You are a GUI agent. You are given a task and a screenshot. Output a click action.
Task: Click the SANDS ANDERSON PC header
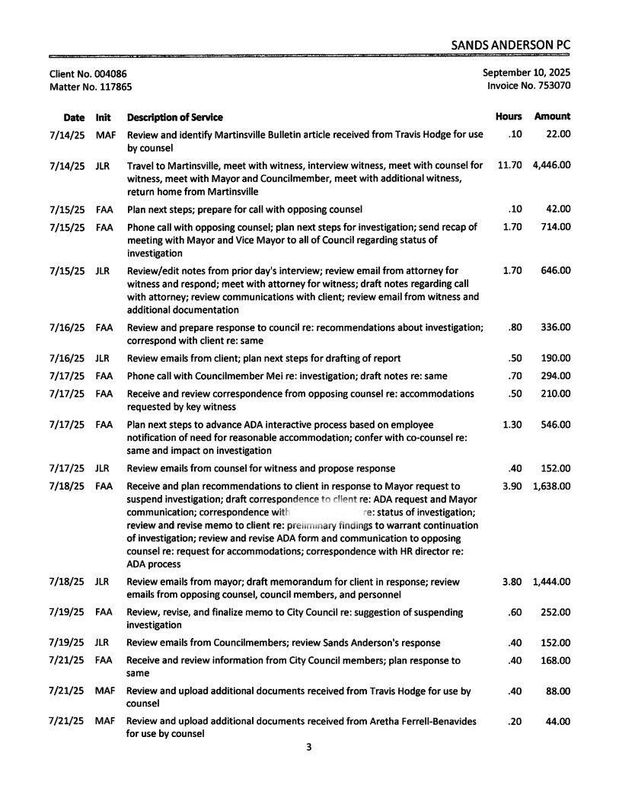[510, 45]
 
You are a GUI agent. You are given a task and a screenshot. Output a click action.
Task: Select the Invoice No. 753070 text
[528, 86]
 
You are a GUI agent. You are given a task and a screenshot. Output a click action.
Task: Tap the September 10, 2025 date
[526, 73]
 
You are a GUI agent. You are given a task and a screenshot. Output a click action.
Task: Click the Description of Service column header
[174, 117]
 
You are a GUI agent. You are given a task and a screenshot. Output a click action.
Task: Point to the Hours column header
[509, 116]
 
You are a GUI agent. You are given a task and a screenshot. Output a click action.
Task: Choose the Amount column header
[552, 116]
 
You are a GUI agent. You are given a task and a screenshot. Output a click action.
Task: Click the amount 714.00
[556, 226]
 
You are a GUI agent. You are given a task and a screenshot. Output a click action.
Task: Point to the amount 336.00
[556, 327]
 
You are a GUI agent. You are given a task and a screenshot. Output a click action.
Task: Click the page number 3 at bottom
[308, 747]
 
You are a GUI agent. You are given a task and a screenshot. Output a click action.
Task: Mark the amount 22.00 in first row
[559, 135]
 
